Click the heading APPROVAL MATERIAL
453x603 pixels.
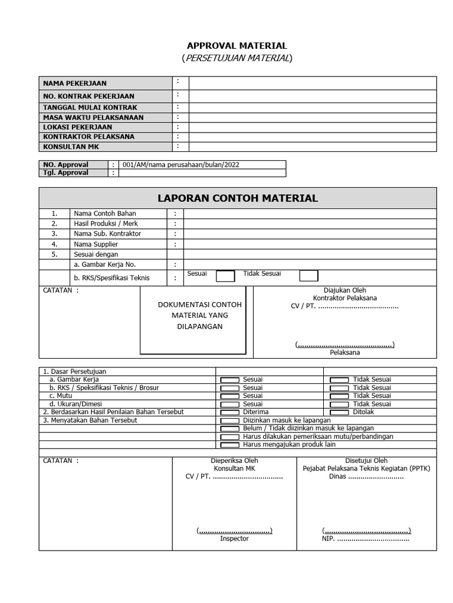pyautogui.click(x=237, y=45)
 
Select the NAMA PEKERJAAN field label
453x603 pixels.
pyautogui.click(x=74, y=83)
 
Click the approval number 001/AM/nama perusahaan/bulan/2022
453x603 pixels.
pyautogui.click(x=182, y=165)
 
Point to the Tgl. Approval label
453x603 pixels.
pyautogui.click(x=65, y=173)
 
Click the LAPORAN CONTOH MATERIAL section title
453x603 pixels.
pyautogui.click(x=237, y=198)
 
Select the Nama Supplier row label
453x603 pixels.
pyautogui.click(x=96, y=244)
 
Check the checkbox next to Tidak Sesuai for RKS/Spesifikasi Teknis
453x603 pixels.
pyautogui.click(x=308, y=276)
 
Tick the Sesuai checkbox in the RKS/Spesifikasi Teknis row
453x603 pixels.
pyautogui.click(x=225, y=276)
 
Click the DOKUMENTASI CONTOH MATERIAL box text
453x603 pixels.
pyautogui.click(x=192, y=315)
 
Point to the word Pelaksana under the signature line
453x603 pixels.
pyautogui.click(x=344, y=353)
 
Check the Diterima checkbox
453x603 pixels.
pyautogui.click(x=229, y=413)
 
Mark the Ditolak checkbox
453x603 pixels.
pyautogui.click(x=339, y=413)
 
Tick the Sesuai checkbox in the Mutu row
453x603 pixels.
pyautogui.click(x=229, y=396)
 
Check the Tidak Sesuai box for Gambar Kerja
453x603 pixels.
pyautogui.click(x=339, y=380)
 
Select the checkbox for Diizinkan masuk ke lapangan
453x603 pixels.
pyautogui.click(x=229, y=421)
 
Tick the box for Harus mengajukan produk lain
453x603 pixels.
pyautogui.click(x=229, y=445)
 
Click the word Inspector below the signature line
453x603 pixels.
pyautogui.click(x=234, y=538)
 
